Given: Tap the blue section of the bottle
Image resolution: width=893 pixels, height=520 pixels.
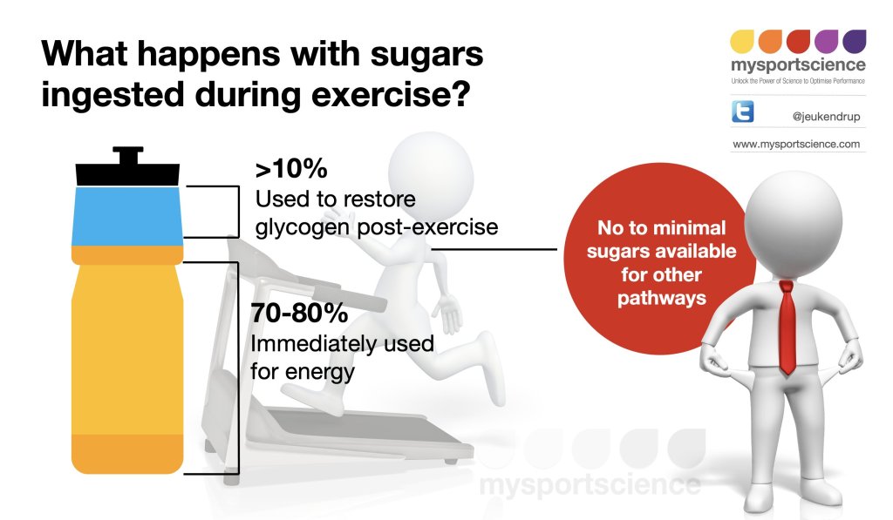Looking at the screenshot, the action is point(127,216).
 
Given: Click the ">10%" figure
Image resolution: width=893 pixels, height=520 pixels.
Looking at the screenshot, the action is point(291,168).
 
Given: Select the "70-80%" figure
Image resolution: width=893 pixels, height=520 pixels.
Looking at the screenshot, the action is point(299,313).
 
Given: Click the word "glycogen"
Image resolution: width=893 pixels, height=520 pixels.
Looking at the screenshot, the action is point(303,227).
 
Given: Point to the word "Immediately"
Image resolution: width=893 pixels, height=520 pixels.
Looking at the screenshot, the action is point(313,344).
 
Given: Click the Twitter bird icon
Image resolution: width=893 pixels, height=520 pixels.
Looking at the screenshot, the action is point(743,111).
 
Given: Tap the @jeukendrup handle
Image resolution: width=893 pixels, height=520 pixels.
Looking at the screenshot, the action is point(826,117).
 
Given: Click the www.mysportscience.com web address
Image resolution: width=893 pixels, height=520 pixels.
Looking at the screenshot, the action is point(796,144).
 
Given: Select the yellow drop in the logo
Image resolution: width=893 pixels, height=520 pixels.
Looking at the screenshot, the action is point(742,42).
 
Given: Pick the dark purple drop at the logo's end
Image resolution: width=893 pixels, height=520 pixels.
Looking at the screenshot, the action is point(855,42).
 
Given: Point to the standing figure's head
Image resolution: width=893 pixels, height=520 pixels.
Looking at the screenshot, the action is point(794,215).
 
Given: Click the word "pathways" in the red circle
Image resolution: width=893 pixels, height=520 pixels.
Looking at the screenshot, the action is point(662,299).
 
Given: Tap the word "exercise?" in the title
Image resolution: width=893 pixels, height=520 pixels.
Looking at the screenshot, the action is point(391,94).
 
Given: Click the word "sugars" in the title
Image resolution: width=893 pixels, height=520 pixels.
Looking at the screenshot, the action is point(426,55).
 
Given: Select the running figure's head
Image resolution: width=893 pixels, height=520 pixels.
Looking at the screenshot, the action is point(431,174).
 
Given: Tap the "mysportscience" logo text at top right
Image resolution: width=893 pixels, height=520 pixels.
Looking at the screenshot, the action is point(799,64).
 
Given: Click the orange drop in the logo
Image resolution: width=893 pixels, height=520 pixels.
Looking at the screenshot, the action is point(770,42).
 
